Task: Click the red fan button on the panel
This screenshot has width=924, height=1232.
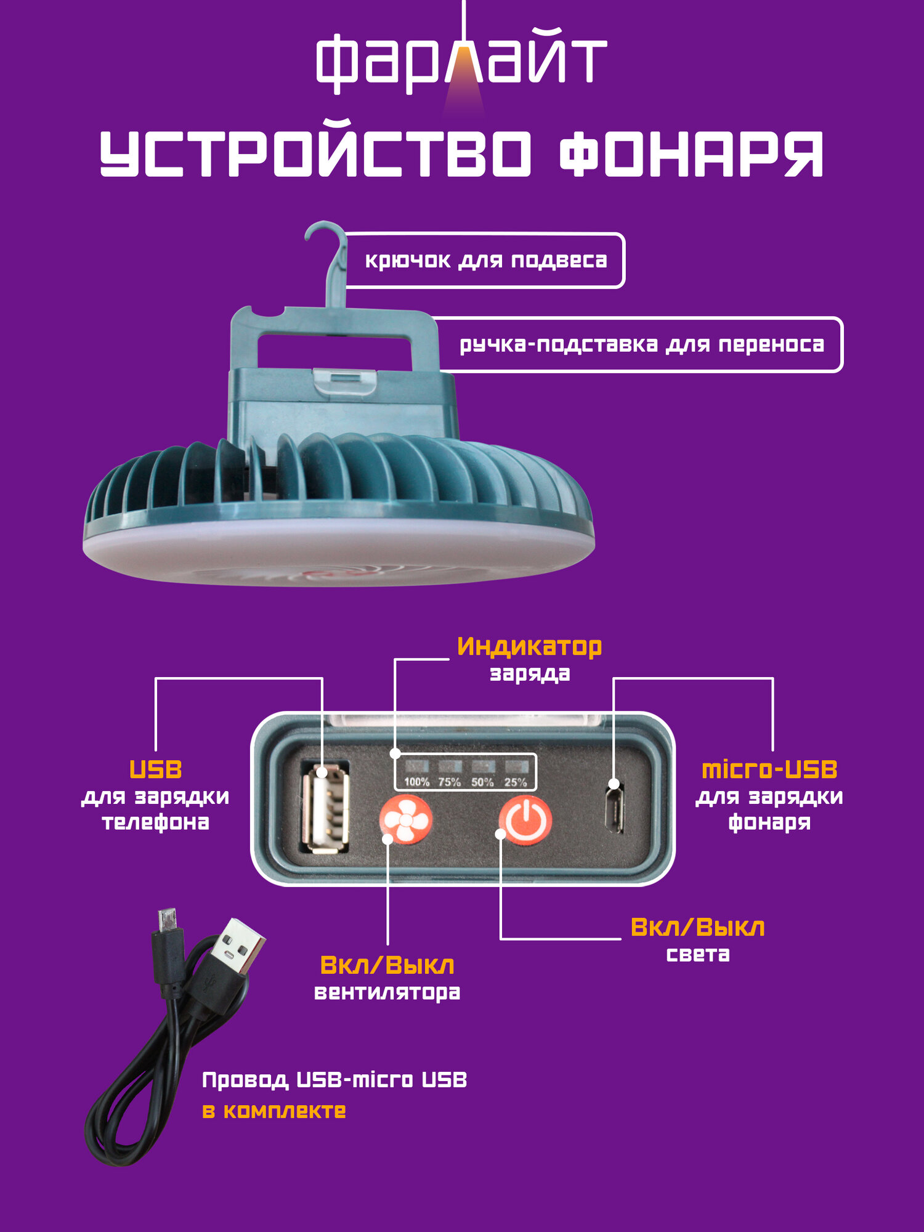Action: (x=405, y=819)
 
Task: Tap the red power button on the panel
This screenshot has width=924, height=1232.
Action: (x=525, y=819)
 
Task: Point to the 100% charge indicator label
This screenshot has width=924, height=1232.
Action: (x=416, y=782)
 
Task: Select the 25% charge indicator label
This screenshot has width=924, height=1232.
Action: (x=516, y=782)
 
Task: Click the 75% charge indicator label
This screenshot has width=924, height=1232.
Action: (x=450, y=782)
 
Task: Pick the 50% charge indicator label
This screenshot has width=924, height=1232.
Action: (x=482, y=782)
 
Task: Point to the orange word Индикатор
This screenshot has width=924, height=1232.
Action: (x=529, y=646)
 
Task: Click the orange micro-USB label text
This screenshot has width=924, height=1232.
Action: (x=769, y=769)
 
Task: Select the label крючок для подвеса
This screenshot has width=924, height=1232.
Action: (x=485, y=261)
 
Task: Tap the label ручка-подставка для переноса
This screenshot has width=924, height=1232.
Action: (x=641, y=344)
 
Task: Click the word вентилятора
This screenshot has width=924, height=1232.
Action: (x=387, y=992)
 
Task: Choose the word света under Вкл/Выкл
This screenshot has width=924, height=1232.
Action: (x=698, y=954)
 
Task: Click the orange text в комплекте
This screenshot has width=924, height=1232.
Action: (x=274, y=1111)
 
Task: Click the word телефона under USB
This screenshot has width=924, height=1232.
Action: (x=155, y=822)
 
